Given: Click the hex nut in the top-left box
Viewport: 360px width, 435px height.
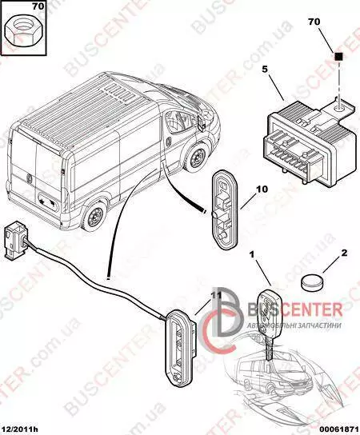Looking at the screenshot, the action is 23,34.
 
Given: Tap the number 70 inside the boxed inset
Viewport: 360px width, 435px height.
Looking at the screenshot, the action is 38,6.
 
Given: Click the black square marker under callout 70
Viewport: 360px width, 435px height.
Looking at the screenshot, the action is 339,56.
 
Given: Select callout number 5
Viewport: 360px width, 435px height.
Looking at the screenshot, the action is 265,70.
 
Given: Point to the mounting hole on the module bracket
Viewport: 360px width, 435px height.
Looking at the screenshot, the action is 338,107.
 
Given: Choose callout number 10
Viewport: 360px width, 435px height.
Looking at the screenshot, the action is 262,190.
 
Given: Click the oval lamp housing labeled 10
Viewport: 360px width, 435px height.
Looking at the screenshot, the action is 225,212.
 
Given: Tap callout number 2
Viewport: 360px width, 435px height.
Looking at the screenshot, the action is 344,253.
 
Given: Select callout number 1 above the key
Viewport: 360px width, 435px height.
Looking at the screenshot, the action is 252,254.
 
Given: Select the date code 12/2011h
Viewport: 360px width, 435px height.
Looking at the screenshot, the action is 21,429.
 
